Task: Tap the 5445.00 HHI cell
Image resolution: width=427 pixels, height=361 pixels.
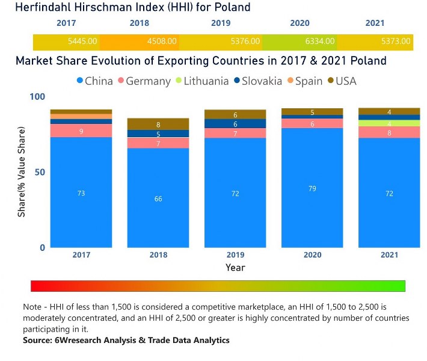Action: (x=82, y=42)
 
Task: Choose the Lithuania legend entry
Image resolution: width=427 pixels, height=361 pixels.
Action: (x=204, y=81)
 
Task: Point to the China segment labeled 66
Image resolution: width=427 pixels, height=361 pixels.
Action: (x=158, y=198)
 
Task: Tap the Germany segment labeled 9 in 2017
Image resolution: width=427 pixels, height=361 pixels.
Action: (x=81, y=131)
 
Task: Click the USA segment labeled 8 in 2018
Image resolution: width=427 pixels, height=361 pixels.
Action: (x=158, y=124)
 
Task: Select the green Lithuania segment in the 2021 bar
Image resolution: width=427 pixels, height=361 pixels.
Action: (x=389, y=123)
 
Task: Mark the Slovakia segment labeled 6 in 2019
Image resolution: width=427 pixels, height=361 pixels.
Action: (x=235, y=123)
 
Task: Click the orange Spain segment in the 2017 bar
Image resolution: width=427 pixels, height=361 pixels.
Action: (x=81, y=116)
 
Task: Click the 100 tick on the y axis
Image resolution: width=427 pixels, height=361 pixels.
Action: (x=37, y=97)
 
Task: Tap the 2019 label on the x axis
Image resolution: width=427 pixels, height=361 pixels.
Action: (x=235, y=255)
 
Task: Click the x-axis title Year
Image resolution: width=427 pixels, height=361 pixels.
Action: (x=235, y=267)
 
